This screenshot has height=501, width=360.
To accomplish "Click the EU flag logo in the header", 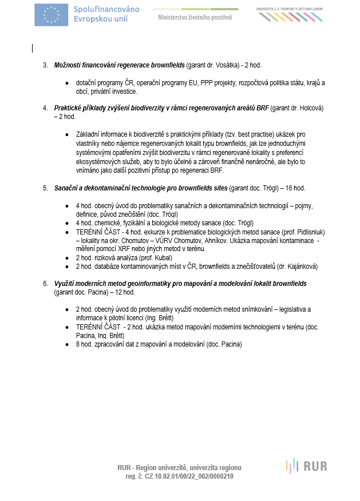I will (x=52, y=15).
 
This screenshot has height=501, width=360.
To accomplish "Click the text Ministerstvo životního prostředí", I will (x=195, y=17).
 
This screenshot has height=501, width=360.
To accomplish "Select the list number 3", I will (x=45, y=65).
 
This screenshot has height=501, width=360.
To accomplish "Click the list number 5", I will (x=45, y=188).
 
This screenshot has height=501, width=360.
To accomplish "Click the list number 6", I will (x=45, y=284).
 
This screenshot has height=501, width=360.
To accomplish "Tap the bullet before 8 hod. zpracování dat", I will (x=68, y=344).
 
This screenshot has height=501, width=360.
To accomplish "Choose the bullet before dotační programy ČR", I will (x=68, y=83).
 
